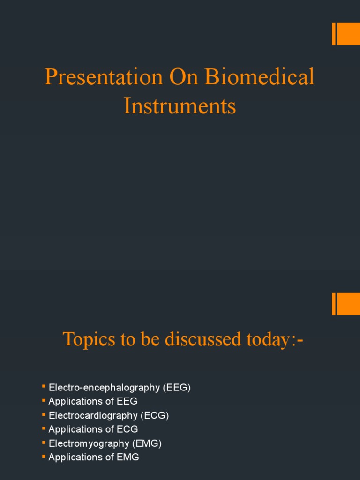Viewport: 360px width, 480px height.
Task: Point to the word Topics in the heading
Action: pos(89,339)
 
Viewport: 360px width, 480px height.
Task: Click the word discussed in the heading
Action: pos(203,339)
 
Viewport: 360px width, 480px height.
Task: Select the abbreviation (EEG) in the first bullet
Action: pos(177,388)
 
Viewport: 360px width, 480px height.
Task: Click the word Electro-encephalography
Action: pos(105,388)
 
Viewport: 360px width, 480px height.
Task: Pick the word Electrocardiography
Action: pos(93,415)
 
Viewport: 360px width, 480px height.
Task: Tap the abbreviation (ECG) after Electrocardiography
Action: pos(155,415)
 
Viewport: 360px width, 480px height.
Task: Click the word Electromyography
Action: pos(89,443)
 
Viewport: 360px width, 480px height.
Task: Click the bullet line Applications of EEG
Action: pos(93,401)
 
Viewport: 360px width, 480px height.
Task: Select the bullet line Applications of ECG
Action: pos(93,429)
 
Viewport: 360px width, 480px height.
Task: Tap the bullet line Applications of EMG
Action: pos(94,457)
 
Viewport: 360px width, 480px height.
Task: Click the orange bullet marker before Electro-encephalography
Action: pos(44,386)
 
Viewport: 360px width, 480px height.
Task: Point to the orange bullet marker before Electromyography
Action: pos(44,442)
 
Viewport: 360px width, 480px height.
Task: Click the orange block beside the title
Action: pos(346,34)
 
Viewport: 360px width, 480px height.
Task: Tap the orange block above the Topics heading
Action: pos(346,304)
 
